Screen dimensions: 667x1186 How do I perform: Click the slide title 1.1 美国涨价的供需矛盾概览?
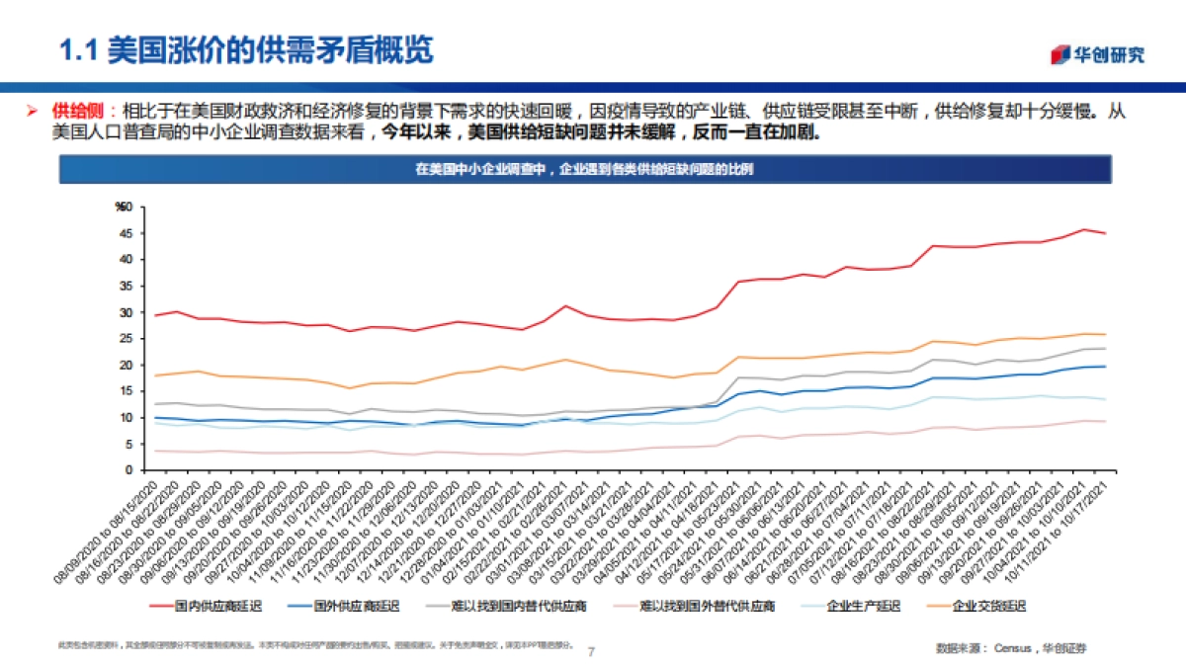[246, 48]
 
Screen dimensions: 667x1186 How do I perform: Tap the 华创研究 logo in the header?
[1097, 53]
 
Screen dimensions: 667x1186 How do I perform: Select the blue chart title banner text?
[583, 170]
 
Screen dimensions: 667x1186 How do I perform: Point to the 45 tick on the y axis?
[125, 233]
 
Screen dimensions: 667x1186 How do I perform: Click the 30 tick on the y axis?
[125, 312]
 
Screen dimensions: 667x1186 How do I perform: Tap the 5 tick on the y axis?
[127, 444]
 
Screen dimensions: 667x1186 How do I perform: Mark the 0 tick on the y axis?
[127, 470]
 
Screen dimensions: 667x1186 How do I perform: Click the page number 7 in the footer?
[591, 651]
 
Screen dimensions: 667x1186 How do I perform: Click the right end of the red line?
[1104, 233]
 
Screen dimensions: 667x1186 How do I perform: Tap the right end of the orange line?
[1104, 335]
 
